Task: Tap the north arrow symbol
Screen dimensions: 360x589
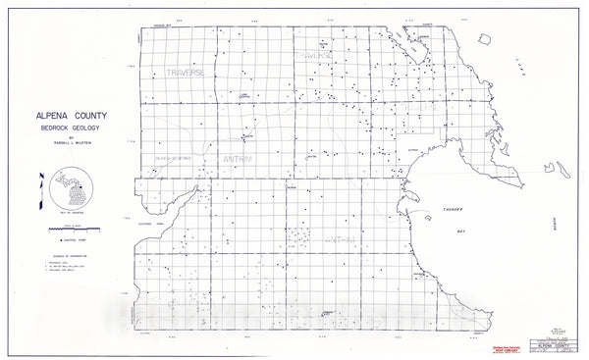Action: click(x=40, y=190)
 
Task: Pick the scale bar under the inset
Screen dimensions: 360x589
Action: click(x=70, y=227)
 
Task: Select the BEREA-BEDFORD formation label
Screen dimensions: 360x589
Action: click(x=171, y=158)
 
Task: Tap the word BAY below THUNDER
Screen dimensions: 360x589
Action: click(x=461, y=231)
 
